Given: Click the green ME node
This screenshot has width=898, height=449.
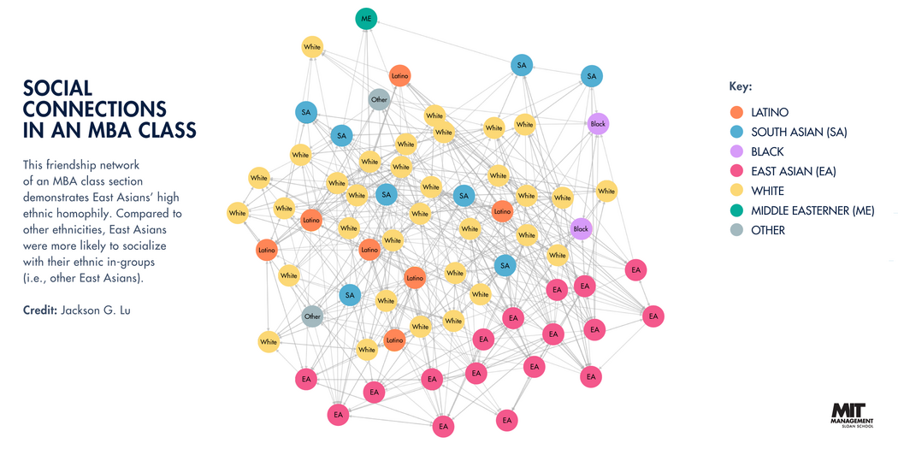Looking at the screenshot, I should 366,19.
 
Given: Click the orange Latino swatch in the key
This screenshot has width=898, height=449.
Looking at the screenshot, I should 737,112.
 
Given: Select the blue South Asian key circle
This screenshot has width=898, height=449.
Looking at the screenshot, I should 737,132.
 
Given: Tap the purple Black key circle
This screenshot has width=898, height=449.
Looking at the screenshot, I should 737,151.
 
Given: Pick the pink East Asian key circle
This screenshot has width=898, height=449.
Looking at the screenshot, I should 737,171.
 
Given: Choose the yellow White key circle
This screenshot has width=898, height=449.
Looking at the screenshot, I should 737,191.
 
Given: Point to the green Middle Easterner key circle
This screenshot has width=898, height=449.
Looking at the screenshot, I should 737,210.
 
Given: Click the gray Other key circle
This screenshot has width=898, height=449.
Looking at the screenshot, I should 737,230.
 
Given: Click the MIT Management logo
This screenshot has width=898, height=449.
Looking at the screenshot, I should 852,412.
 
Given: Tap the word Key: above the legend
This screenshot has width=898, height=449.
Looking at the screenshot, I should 740,87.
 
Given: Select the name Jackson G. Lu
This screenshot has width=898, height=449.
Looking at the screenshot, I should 101,308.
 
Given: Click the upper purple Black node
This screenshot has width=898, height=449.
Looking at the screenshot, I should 598,124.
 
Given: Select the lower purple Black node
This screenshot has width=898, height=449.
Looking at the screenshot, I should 581,228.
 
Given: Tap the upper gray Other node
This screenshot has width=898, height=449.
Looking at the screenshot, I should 379,100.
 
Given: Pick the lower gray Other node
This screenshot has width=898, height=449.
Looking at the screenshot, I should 312,316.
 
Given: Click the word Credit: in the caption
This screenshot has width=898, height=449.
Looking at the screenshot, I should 39,308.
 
